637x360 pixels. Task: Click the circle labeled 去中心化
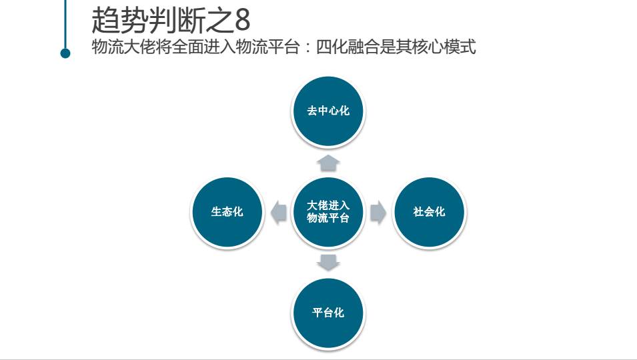click(x=328, y=111)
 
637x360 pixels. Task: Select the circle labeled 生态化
click(x=227, y=212)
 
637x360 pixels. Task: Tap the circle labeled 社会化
click(x=429, y=212)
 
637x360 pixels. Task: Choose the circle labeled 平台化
click(x=328, y=313)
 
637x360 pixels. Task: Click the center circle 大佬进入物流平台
click(x=328, y=212)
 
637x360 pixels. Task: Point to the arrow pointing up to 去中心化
click(x=328, y=162)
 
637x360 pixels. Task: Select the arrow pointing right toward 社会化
click(x=378, y=212)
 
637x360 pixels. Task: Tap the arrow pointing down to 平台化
click(x=328, y=262)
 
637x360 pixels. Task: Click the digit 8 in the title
click(x=242, y=21)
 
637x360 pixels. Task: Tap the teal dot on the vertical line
click(x=65, y=53)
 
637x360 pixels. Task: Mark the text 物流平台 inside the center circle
click(x=328, y=219)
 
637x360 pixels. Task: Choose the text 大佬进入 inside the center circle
click(x=328, y=205)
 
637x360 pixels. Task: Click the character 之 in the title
click(x=218, y=21)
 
